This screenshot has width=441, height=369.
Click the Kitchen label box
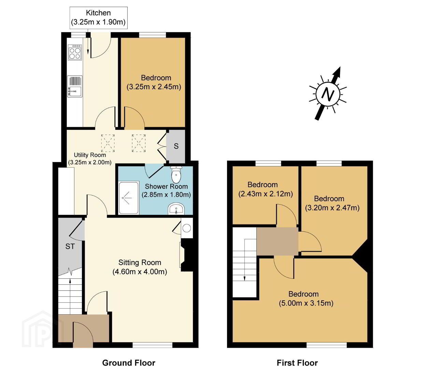point(99,18)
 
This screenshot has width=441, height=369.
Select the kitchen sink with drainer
point(75,86)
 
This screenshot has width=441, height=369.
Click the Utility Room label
point(90,159)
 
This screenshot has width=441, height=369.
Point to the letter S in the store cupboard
point(176,146)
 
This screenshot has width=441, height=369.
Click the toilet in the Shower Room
point(176,175)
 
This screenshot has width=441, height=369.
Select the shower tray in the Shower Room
point(129,197)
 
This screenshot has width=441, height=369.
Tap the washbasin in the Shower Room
point(176,209)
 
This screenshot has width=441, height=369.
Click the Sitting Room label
point(140,267)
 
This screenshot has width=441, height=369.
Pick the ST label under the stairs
point(70,246)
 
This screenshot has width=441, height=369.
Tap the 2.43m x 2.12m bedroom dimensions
point(266,194)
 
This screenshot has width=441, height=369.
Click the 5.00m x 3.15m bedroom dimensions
point(306,303)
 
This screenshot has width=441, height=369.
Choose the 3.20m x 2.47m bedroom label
point(332,203)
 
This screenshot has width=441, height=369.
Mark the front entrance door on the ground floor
point(83,335)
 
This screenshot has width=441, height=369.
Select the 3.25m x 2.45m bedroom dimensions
point(154,87)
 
